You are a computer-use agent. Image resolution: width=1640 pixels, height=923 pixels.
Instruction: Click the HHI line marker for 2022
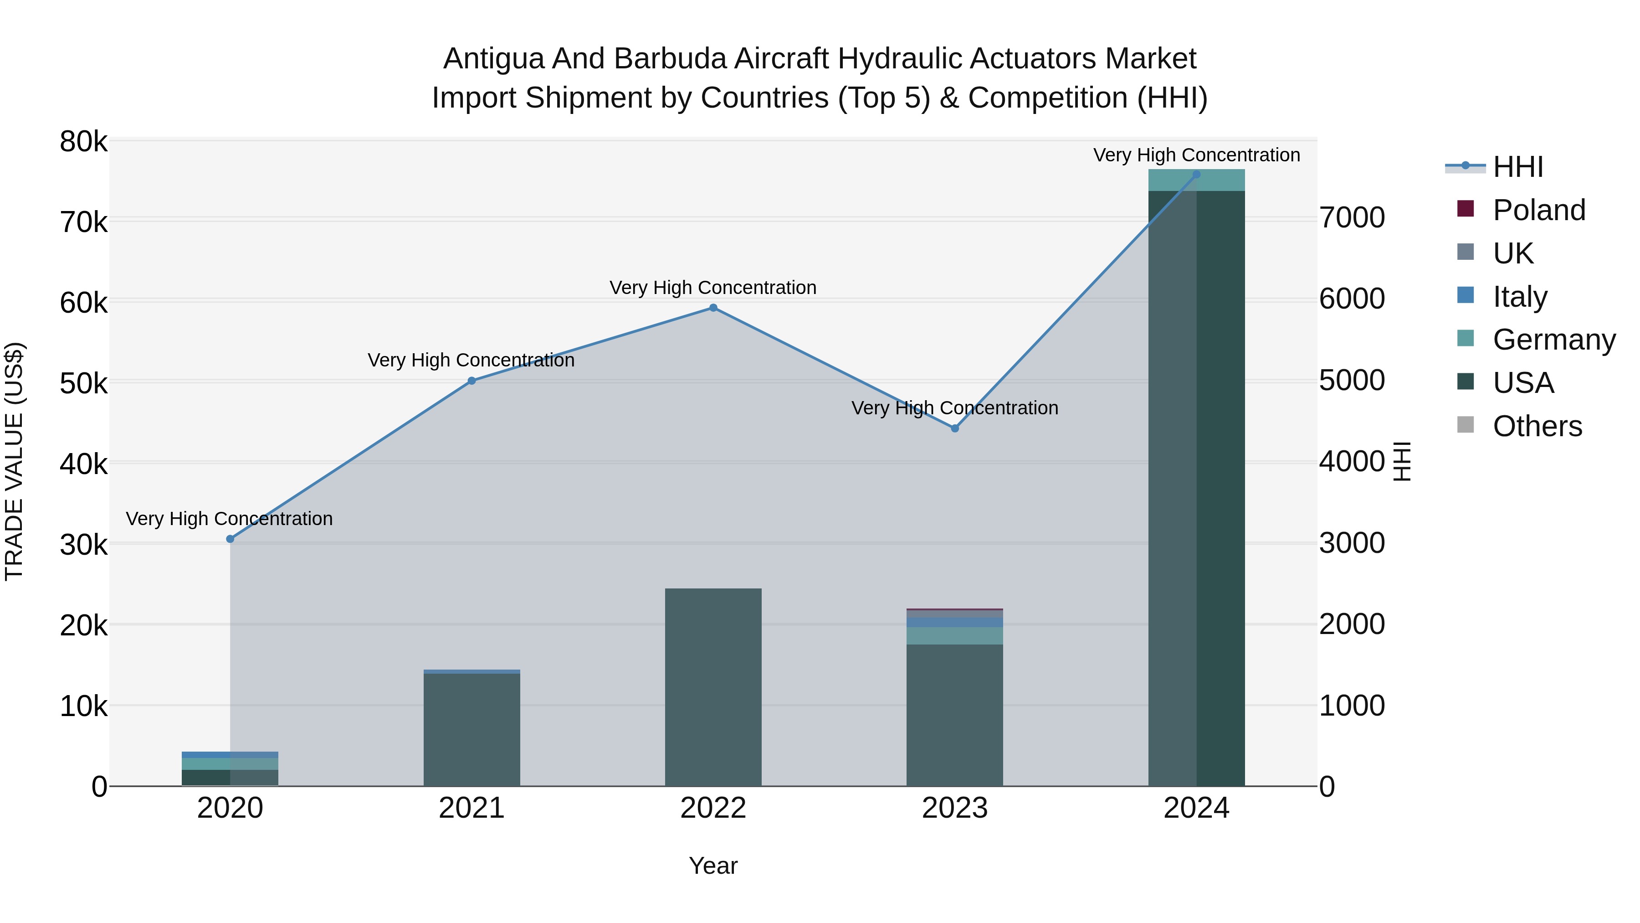click(713, 308)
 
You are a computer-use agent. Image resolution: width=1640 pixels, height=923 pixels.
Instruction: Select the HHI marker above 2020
click(231, 539)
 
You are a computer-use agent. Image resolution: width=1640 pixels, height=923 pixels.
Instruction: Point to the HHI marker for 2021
click(472, 381)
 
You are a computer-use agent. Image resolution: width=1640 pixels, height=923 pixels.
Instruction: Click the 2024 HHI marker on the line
click(1196, 175)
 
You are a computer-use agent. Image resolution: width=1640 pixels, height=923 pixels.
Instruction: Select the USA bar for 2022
click(713, 688)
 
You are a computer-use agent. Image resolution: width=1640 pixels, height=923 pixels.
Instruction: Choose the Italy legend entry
click(1520, 297)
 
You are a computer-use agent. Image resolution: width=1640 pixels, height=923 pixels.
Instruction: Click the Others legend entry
click(1537, 426)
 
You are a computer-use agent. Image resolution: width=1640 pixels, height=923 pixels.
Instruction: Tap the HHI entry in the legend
click(1518, 167)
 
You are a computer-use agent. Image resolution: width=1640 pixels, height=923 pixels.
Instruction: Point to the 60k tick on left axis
click(83, 303)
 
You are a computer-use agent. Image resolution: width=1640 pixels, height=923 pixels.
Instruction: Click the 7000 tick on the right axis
click(1352, 218)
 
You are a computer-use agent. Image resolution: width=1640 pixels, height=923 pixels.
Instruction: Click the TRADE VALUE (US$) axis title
click(15, 461)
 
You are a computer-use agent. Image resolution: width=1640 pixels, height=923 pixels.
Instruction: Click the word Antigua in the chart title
click(493, 59)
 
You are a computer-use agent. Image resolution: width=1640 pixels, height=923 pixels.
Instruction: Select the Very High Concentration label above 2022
click(713, 288)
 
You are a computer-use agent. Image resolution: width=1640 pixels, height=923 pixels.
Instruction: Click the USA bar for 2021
click(472, 729)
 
